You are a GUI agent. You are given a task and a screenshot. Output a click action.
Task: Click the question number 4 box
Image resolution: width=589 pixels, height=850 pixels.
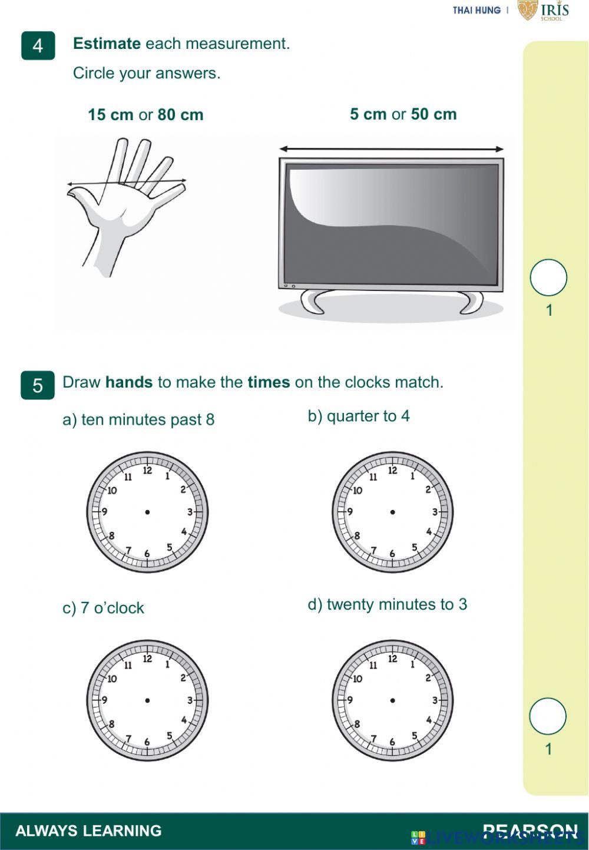(38, 45)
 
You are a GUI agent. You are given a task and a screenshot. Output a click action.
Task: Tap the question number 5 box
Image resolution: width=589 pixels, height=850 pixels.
(38, 385)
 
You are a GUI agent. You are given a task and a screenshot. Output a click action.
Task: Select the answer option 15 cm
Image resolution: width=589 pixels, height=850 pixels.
(110, 114)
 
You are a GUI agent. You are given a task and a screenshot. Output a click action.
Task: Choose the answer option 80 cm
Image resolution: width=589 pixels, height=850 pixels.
(180, 114)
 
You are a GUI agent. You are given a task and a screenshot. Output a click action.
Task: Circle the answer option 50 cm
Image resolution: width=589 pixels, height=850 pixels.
(434, 114)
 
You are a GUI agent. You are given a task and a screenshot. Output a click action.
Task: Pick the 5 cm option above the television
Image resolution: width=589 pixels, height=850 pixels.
(368, 114)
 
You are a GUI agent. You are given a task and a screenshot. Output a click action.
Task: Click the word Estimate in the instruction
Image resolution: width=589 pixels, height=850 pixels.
(107, 44)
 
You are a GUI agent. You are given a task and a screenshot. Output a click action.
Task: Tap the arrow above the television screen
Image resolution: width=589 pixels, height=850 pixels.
(391, 149)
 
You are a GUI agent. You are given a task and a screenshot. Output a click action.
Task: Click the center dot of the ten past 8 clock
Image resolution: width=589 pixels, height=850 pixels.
(147, 512)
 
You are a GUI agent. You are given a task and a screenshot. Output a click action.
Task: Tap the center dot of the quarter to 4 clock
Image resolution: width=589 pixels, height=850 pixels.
(393, 512)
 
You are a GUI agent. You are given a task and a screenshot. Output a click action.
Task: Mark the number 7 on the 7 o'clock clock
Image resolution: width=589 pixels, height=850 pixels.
(128, 739)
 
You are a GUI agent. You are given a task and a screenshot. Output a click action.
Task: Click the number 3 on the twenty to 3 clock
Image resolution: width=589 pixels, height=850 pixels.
(435, 700)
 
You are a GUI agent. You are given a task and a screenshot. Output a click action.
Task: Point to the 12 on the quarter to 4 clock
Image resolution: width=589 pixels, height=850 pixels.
(393, 471)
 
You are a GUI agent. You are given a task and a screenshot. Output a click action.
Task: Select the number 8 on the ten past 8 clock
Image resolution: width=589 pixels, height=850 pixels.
(111, 535)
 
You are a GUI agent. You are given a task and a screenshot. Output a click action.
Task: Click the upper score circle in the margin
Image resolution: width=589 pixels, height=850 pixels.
(548, 277)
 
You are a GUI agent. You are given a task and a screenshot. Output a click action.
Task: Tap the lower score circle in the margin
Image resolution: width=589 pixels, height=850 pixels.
(548, 716)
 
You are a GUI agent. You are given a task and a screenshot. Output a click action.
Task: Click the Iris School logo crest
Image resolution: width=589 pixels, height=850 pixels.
(528, 9)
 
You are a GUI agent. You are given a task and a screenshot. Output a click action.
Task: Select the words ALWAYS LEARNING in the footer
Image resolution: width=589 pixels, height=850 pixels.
(88, 831)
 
